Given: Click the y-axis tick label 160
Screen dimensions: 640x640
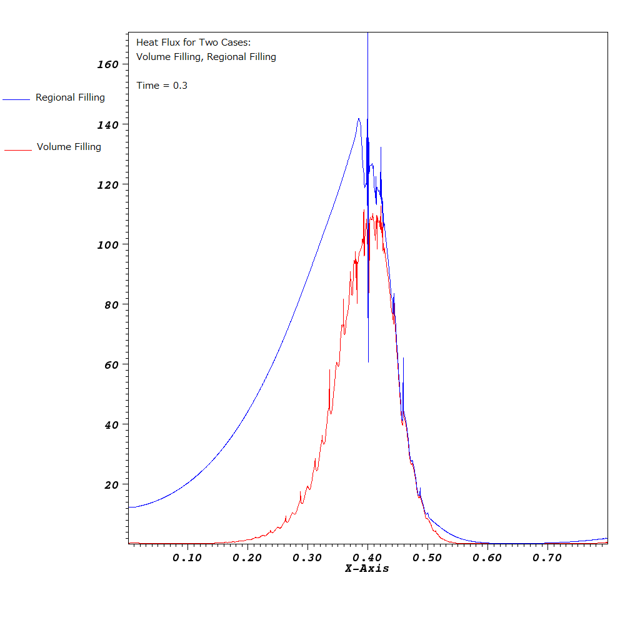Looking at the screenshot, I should point(107,64).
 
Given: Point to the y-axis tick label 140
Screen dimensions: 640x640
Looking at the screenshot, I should point(107,125).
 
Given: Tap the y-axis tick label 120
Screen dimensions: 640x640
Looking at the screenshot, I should point(107,185).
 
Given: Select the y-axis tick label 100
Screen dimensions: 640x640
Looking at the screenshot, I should point(107,244).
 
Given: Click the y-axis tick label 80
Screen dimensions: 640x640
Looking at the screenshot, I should point(111,304).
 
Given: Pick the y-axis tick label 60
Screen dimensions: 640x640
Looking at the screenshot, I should point(111,364).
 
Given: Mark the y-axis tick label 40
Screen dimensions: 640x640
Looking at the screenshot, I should point(111,424).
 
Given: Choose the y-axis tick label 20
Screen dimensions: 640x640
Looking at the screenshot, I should point(111,484).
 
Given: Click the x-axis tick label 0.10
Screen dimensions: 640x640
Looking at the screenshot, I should point(187,557).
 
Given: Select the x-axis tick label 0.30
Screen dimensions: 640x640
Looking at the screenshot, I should point(307,557).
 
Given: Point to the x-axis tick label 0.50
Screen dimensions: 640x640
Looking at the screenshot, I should point(427,557).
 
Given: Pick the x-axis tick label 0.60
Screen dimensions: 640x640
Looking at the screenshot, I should point(487,557).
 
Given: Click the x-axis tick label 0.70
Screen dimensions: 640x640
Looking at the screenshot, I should point(547,557).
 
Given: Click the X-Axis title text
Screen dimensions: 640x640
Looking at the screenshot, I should point(367,569).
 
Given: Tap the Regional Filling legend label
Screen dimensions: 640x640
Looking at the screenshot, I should point(70,97).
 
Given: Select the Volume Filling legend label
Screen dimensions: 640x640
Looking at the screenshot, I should point(69,147).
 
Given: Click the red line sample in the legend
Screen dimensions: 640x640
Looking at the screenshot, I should point(17,150).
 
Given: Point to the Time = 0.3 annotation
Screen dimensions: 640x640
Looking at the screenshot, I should point(162,86).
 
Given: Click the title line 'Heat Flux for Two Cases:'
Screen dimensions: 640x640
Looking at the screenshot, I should point(193,42).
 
